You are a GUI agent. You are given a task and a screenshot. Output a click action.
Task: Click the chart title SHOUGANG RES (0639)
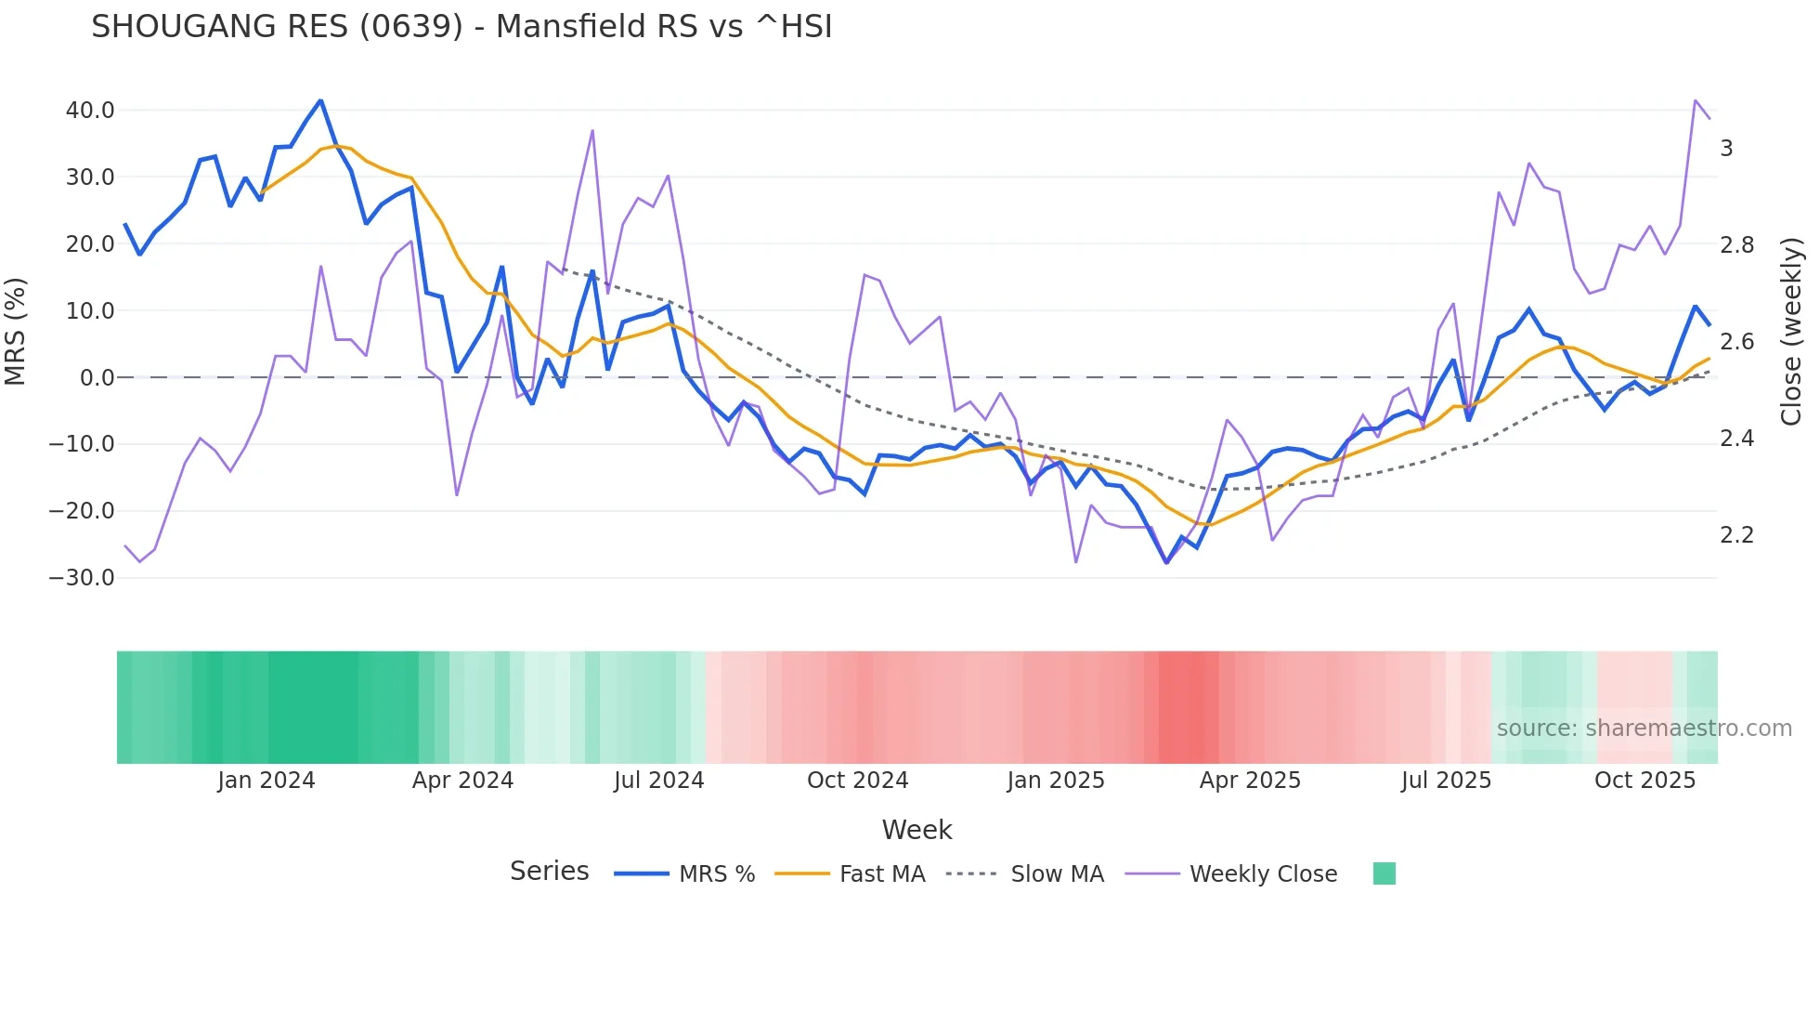[461, 27]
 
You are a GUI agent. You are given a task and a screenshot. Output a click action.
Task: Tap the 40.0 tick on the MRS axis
[90, 110]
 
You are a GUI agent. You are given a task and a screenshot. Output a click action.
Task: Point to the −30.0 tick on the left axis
[82, 577]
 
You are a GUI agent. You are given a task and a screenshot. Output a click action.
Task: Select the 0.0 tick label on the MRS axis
[97, 377]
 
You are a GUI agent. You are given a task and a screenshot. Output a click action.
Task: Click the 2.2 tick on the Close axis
[1736, 535]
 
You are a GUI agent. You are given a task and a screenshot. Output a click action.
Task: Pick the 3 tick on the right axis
[1726, 149]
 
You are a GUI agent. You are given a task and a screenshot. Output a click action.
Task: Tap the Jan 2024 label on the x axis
[266, 781]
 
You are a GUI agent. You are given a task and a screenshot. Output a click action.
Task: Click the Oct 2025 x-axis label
[1644, 781]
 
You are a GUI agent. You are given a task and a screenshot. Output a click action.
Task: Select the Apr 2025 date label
[1250, 781]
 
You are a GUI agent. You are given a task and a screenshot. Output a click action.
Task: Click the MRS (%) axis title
[16, 331]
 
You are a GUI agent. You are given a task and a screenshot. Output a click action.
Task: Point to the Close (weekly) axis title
[1791, 331]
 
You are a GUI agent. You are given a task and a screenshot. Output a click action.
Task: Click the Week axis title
[916, 830]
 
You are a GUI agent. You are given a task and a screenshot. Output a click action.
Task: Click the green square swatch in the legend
[1384, 873]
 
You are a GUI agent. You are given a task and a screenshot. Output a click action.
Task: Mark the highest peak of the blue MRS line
[320, 100]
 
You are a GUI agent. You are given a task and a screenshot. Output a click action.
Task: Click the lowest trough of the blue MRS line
[1166, 562]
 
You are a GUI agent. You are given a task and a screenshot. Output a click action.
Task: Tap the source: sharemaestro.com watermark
[1644, 729]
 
